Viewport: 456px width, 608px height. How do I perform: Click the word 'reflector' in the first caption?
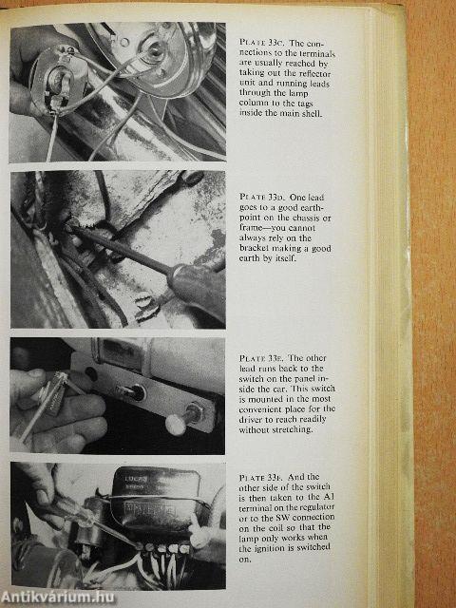tap(314, 73)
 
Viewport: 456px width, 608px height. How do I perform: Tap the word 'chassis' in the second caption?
tap(306, 218)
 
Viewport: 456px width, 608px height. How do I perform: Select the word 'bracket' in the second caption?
tap(254, 248)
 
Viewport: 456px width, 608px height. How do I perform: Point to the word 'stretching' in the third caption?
tap(293, 429)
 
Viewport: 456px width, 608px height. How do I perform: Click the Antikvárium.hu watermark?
tap(58, 598)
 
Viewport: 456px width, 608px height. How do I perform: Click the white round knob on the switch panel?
tap(175, 425)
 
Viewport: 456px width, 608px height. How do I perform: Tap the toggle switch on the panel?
tap(132, 391)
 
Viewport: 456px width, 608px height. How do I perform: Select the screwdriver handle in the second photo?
tap(198, 288)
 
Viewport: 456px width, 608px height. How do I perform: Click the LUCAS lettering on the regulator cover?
tap(133, 479)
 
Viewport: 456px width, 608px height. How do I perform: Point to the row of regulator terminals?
tap(167, 548)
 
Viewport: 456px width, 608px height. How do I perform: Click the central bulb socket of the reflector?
tap(156, 50)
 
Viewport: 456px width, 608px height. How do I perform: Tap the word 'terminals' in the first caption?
tap(317, 53)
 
